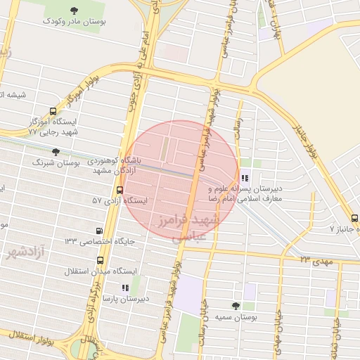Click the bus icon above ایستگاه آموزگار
click(x=53, y=111)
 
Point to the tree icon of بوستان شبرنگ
click(x=56, y=151)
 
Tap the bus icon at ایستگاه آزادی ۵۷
click(x=119, y=190)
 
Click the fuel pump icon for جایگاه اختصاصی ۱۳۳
click(x=98, y=231)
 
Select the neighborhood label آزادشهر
click(x=24, y=251)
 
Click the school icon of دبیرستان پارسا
click(x=125, y=288)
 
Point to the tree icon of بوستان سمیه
click(x=235, y=305)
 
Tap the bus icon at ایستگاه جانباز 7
click(x=354, y=219)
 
